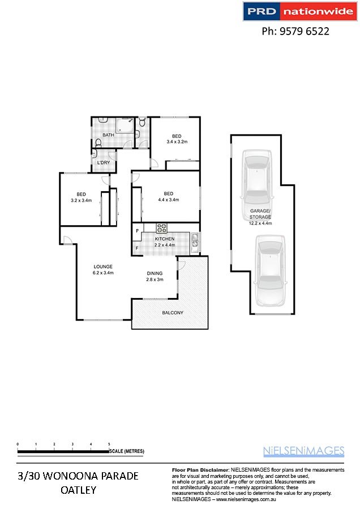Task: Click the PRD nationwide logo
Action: click(x=300, y=11)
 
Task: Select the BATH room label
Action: click(x=108, y=135)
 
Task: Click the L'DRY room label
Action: click(x=104, y=163)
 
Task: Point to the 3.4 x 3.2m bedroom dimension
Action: click(x=177, y=142)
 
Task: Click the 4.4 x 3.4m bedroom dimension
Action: click(x=168, y=200)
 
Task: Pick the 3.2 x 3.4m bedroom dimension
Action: click(x=82, y=200)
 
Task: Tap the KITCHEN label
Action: click(x=164, y=239)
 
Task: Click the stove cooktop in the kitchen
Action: click(x=161, y=228)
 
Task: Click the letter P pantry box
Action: click(x=138, y=231)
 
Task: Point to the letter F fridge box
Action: click(x=137, y=248)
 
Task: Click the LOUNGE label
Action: click(x=103, y=266)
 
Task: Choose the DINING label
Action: click(x=155, y=273)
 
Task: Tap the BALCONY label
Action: click(x=173, y=313)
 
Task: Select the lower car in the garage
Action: click(x=271, y=271)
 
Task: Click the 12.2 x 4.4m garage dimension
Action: click(x=260, y=223)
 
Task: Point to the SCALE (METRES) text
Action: click(x=127, y=451)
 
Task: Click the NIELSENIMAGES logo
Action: click(x=303, y=451)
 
